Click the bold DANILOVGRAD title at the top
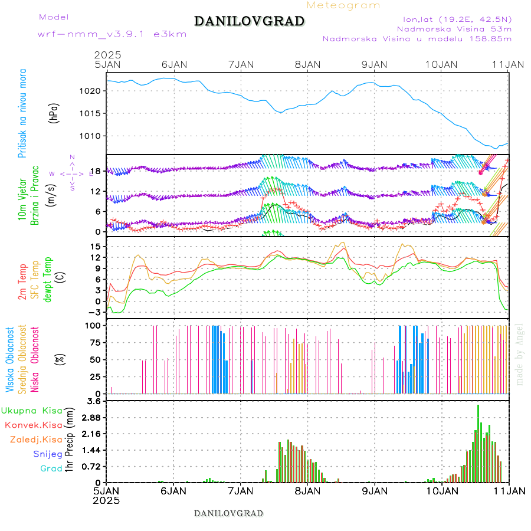click(x=249, y=22)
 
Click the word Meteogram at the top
click(x=344, y=5)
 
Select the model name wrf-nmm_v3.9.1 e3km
click(x=112, y=34)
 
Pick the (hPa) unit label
click(x=54, y=113)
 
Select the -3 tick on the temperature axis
click(x=99, y=312)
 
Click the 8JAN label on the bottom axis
click(x=307, y=490)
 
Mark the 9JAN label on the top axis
click(x=374, y=64)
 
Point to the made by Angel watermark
click(x=519, y=354)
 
